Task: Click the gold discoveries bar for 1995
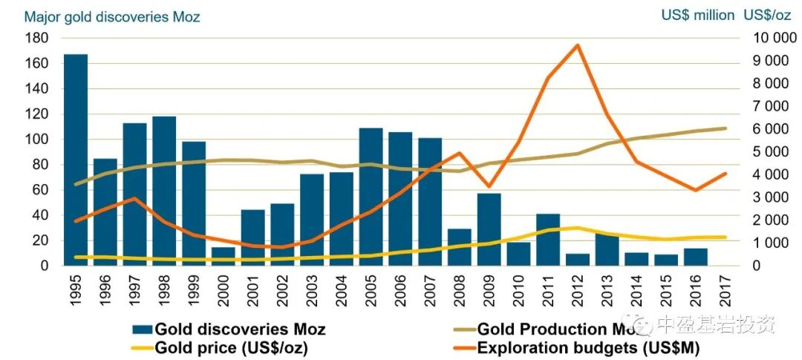tap(76, 160)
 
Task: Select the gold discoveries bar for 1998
tap(164, 191)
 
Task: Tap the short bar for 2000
tap(224, 256)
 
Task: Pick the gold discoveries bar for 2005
tap(371, 197)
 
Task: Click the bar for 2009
tap(489, 229)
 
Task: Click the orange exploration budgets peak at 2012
tap(577, 45)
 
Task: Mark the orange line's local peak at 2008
tap(459, 153)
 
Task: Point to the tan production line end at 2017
tap(725, 128)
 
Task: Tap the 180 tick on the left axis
tap(37, 38)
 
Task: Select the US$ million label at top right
tap(697, 15)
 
